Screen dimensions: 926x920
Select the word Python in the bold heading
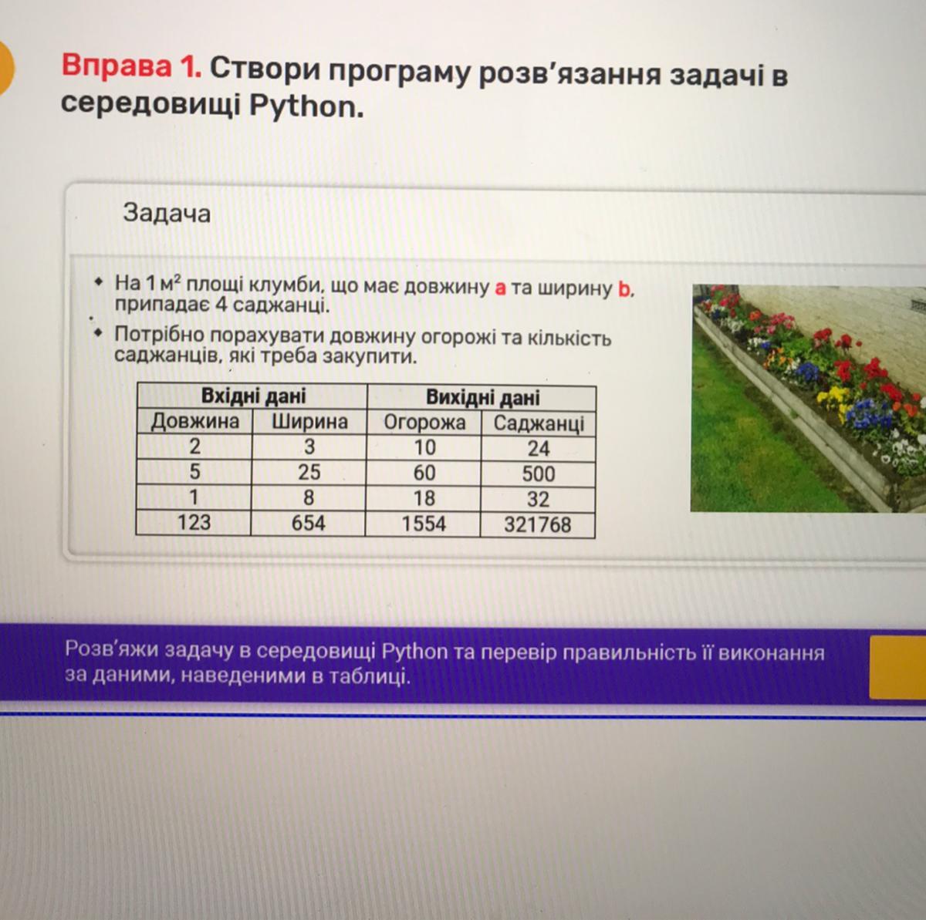tap(306, 106)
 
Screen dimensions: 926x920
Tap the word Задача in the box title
tap(167, 213)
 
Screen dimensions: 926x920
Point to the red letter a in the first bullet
tap(500, 288)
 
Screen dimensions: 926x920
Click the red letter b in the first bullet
tap(624, 288)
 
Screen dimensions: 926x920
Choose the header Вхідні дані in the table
tap(253, 396)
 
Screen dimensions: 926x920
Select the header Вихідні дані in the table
tap(482, 398)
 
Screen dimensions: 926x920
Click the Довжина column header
tap(195, 422)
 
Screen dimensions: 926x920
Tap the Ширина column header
tap(309, 423)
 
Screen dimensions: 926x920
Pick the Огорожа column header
tap(424, 423)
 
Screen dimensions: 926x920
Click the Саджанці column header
tap(539, 424)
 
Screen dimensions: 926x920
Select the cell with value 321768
tap(538, 524)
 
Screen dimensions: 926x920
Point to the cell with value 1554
tap(424, 524)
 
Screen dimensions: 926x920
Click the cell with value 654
tap(308, 523)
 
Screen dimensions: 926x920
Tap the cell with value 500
tap(539, 474)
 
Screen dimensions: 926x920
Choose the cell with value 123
tap(194, 522)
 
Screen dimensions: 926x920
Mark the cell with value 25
tap(309, 472)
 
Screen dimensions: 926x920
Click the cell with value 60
tap(424, 473)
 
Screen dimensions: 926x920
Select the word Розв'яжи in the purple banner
tap(111, 649)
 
